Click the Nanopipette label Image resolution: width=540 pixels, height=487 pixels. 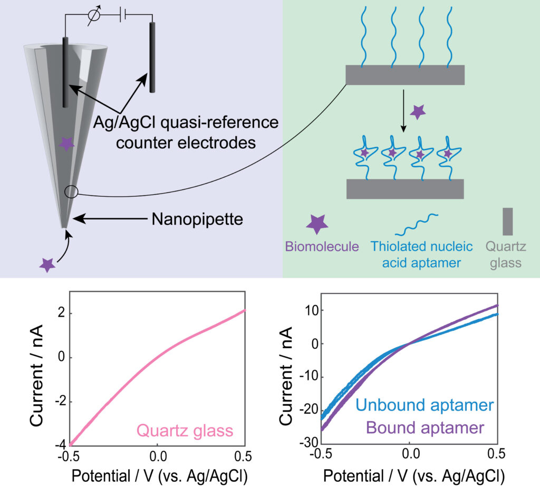coord(197,218)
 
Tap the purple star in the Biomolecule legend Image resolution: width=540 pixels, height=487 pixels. coord(317,224)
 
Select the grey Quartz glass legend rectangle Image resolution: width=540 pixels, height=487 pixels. coord(508,222)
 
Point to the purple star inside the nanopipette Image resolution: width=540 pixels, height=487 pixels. coord(66,143)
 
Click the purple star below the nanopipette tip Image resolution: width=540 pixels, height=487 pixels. coord(47,265)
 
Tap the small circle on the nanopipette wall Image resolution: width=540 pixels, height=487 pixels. coord(71,192)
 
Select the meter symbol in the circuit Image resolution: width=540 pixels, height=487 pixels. coord(94,16)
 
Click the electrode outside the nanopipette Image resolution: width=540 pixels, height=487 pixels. coord(153,56)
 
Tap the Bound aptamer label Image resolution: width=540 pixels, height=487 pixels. coord(426,427)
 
